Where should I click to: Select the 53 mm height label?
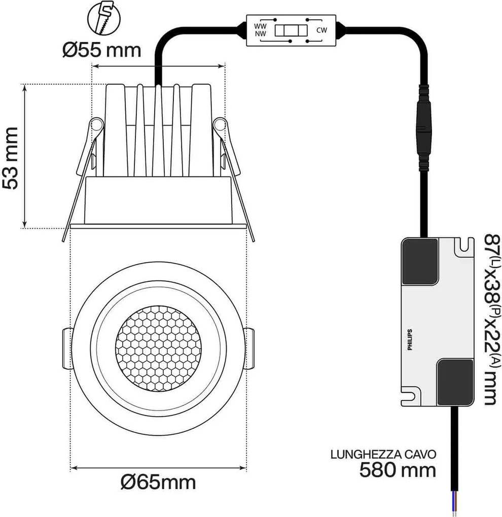(11, 158)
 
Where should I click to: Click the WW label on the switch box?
(261, 24)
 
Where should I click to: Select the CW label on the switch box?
(322, 30)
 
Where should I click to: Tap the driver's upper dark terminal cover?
(420, 262)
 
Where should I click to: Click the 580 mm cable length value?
(398, 470)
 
